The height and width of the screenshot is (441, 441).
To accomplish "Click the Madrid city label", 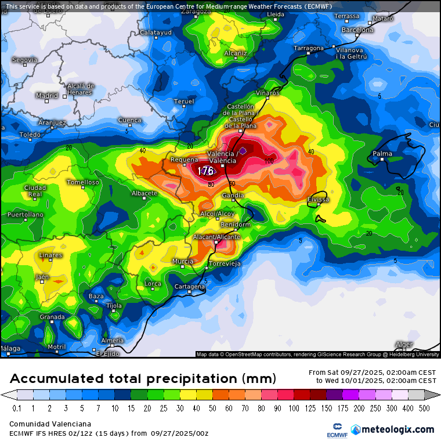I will click(46, 95).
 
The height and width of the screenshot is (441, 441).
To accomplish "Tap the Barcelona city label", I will click(357, 30).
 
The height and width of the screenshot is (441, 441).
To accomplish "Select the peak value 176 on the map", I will click(205, 171).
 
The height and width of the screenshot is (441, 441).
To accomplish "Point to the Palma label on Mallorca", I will click(382, 154).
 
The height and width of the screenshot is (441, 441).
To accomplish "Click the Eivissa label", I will click(318, 200).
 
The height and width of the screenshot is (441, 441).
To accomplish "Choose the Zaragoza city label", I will click(196, 10).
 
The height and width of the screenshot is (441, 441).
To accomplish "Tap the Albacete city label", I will click(144, 193).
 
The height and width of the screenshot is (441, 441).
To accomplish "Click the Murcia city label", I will click(183, 262).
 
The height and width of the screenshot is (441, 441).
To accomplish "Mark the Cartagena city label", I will click(190, 287).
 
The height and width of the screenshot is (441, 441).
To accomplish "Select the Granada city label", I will click(52, 317).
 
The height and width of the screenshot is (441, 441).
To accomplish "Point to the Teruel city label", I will click(184, 102).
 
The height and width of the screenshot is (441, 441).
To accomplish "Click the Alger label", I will click(404, 344).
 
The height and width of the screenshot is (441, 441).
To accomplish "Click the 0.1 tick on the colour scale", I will click(17, 409).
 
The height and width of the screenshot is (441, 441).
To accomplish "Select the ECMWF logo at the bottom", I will click(335, 430).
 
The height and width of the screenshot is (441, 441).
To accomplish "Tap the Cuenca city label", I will click(129, 120).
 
